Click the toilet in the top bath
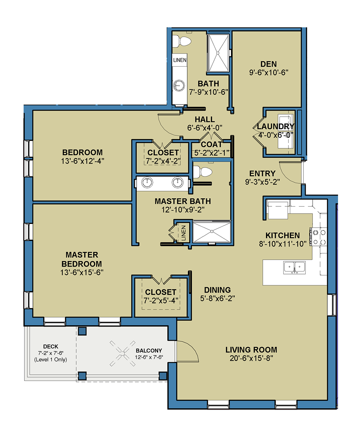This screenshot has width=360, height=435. (183, 41)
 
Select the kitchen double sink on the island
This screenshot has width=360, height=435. (294, 268)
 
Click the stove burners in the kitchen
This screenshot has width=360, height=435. (319, 237)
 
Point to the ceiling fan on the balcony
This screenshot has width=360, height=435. (123, 351)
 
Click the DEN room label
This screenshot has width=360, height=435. (269, 64)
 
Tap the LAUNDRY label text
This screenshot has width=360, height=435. (275, 126)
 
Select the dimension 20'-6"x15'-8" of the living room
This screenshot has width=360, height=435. (251, 358)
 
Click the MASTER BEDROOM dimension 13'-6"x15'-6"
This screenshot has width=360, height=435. (82, 273)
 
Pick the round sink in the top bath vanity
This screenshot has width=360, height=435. (178, 85)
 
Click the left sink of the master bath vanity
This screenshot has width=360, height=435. (148, 182)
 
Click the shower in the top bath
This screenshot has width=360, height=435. (218, 53)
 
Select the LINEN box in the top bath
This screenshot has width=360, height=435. (180, 60)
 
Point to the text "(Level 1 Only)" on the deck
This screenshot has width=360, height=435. (51, 359)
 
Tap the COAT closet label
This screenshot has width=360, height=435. (212, 144)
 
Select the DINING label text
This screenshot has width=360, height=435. (217, 290)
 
